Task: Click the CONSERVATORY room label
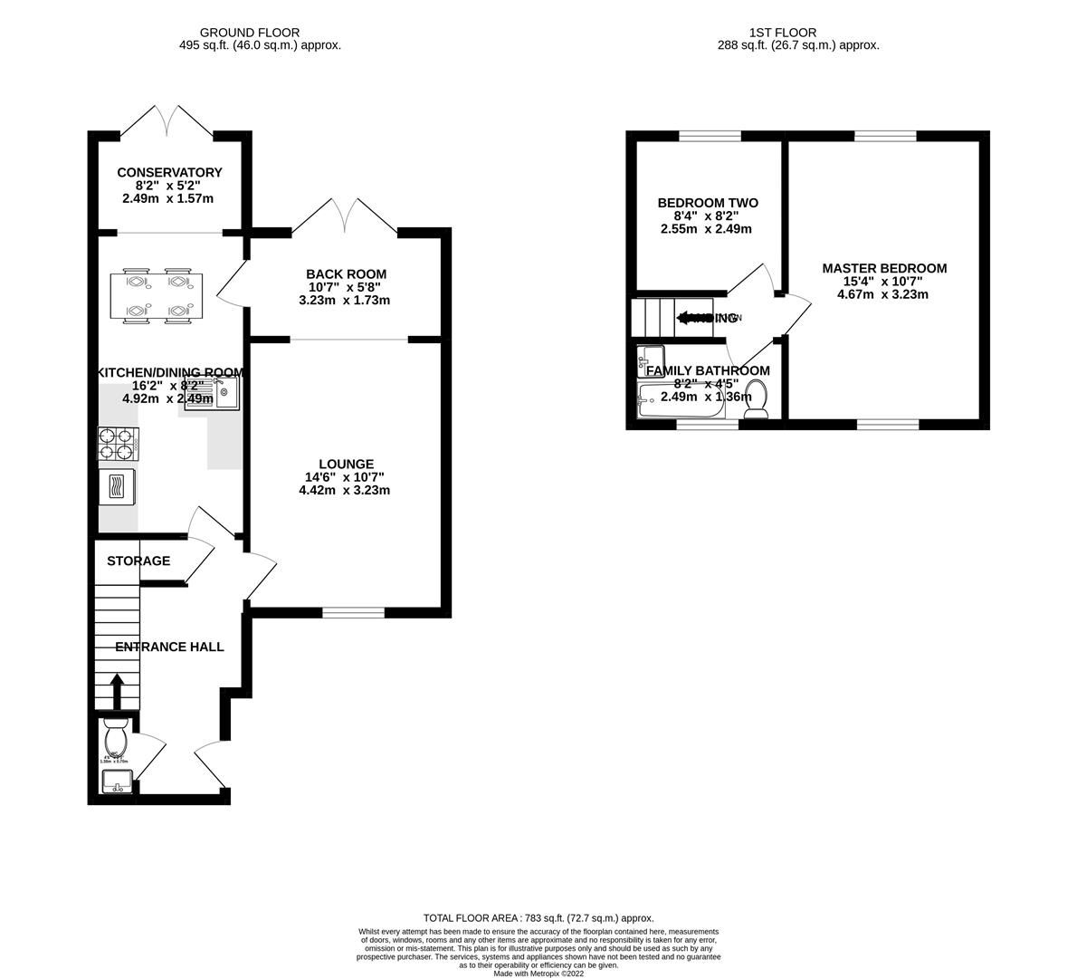169,173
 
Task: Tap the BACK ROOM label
346,274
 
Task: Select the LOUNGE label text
344,465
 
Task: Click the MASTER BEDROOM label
883,268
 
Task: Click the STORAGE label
138,561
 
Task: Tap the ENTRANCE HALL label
169,647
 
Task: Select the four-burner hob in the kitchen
118,443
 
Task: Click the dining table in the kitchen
157,294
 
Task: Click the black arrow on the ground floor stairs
117,691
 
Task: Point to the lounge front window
353,613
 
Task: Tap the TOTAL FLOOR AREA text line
538,917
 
